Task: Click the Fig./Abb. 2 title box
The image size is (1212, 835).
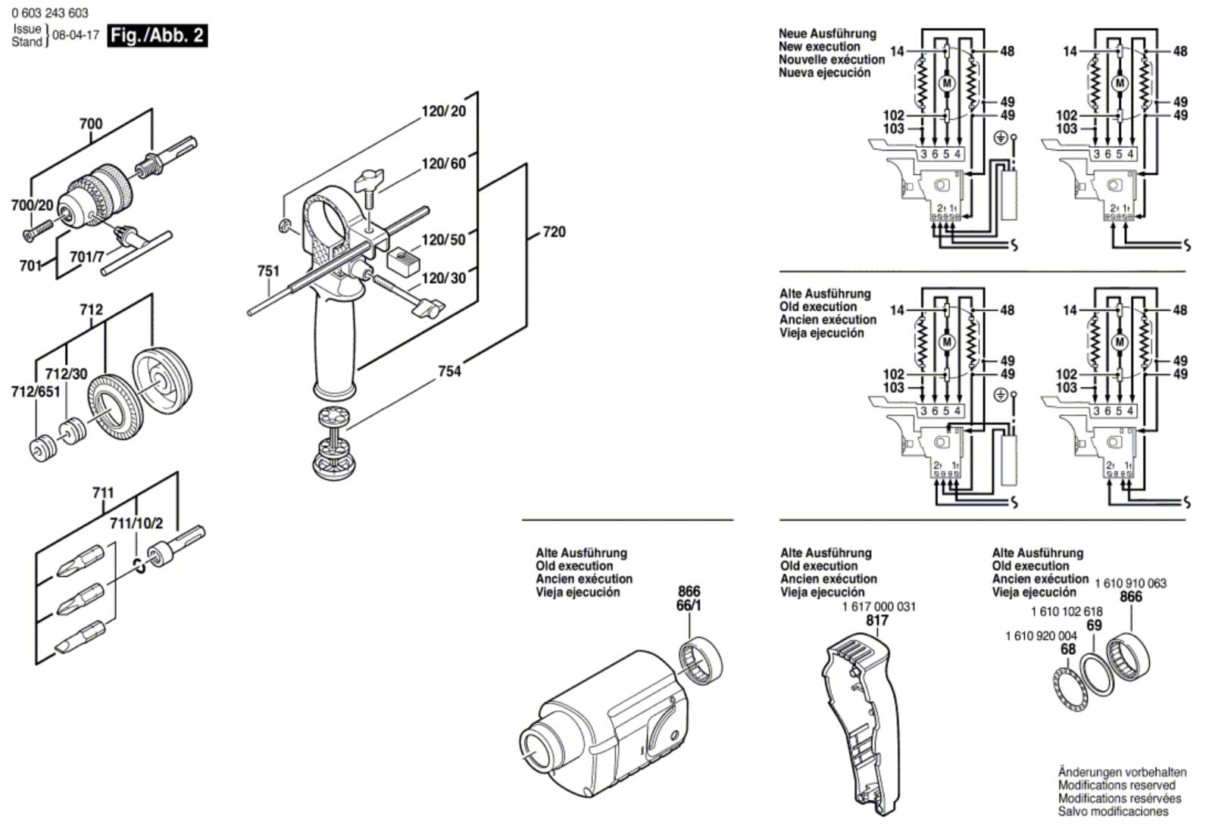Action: (157, 36)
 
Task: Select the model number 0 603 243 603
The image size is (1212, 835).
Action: (50, 13)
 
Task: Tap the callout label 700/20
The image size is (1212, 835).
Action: (33, 204)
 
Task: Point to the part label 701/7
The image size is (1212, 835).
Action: (86, 257)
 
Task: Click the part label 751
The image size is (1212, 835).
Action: (268, 271)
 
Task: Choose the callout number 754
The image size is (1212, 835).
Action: (449, 371)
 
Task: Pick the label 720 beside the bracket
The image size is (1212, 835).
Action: (554, 232)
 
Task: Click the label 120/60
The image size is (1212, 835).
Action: (444, 164)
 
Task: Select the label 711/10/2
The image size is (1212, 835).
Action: (136, 523)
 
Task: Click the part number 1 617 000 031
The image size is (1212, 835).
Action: (879, 606)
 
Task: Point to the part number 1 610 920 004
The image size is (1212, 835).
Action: (1041, 636)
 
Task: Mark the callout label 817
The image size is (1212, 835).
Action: (877, 621)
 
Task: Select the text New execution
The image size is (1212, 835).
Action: (820, 46)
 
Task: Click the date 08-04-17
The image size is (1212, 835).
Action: (76, 36)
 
